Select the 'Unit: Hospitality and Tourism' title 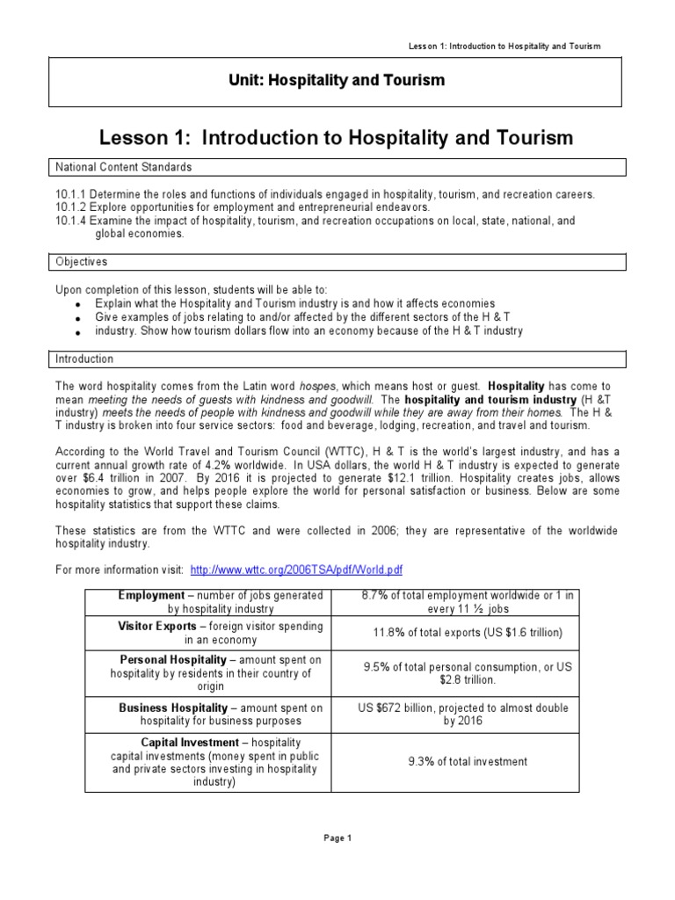[x=337, y=80]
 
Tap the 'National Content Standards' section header [x=124, y=166]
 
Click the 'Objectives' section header [x=82, y=262]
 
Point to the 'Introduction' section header [x=84, y=359]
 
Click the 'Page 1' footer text [x=337, y=838]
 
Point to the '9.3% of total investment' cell [x=468, y=761]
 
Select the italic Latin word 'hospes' [x=317, y=386]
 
